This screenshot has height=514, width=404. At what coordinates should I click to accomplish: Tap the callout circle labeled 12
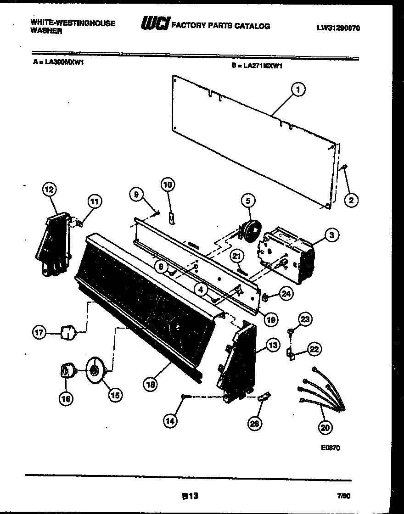click(x=49, y=189)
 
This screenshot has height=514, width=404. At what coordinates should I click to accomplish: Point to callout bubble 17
click(x=40, y=333)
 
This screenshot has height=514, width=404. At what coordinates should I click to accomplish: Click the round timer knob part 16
click(x=67, y=370)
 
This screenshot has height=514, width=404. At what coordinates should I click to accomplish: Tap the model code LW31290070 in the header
click(x=338, y=28)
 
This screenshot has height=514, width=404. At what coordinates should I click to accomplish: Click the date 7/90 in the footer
click(x=343, y=496)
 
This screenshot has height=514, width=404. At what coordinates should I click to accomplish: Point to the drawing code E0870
click(x=331, y=448)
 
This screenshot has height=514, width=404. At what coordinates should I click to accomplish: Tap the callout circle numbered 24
click(x=286, y=294)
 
